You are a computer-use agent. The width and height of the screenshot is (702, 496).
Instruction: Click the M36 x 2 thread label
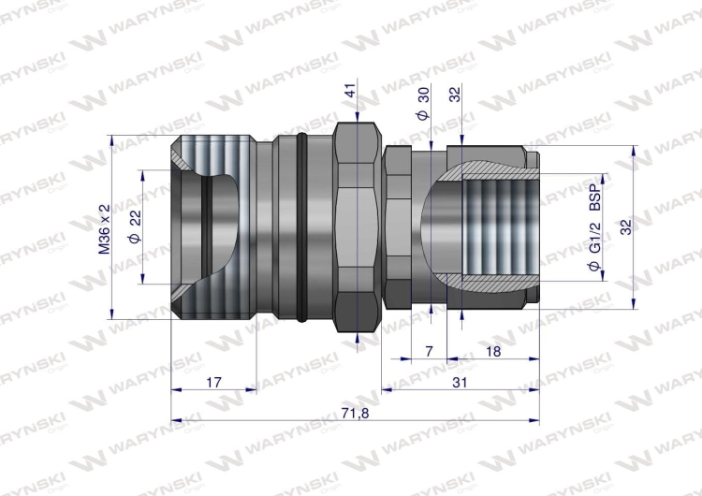point(105,230)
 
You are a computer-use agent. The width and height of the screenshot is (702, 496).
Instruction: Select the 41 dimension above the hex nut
point(350,91)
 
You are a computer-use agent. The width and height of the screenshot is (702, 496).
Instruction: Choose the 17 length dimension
point(212,382)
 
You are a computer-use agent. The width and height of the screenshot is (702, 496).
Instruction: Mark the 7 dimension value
point(429,351)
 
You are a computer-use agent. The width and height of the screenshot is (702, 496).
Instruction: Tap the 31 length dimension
point(459,382)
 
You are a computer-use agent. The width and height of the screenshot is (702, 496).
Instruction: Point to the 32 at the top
point(455,95)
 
